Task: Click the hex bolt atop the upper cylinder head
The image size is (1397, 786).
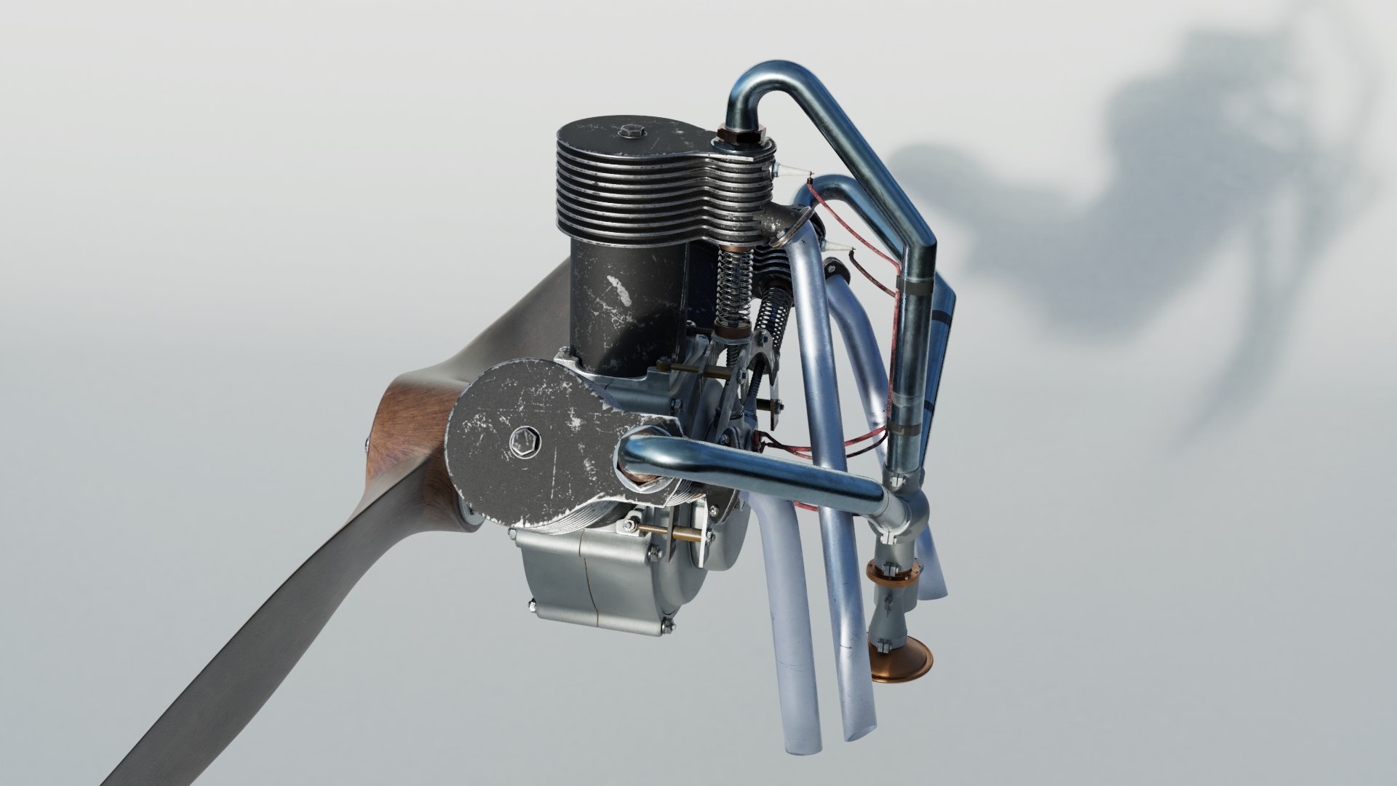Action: click(x=630, y=133)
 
